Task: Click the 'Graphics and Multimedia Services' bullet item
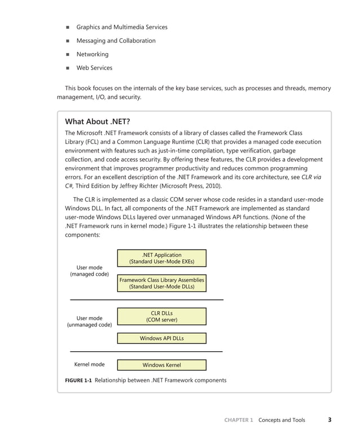coord(121,27)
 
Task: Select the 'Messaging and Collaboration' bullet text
coord(116,41)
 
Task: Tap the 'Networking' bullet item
coord(93,54)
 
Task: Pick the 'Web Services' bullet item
coord(94,68)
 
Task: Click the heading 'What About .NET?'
coord(98,121)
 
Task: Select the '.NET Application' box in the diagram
coord(161,259)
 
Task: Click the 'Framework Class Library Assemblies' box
coord(161,284)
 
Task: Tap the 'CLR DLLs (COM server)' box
coord(161,316)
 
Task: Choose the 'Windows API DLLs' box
coord(161,338)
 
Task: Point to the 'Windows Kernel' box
coord(161,365)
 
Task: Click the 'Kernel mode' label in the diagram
coord(89,365)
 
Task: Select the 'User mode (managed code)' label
coord(89,271)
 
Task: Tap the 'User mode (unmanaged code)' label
coord(89,321)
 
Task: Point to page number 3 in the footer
coord(330,420)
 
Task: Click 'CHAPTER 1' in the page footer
coord(239,420)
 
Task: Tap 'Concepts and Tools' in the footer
coord(282,420)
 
